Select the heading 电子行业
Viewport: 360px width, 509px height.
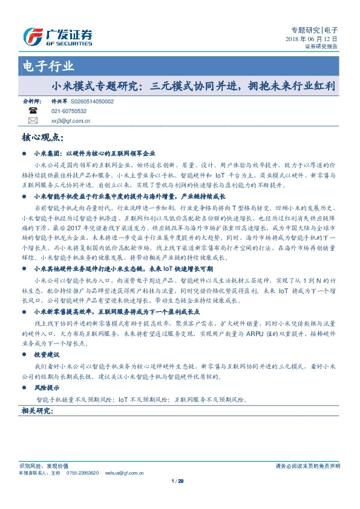48,66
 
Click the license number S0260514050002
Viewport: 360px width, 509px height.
92,102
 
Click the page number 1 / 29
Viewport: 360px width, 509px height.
177,481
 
